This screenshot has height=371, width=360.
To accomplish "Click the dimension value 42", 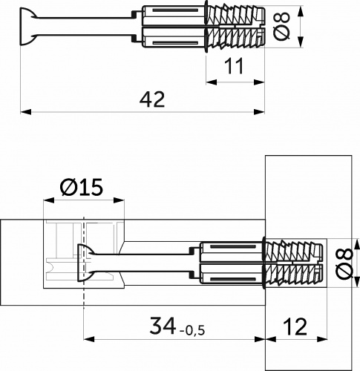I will pyautogui.click(x=151, y=99).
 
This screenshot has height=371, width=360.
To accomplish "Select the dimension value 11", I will pyautogui.click(x=235, y=67).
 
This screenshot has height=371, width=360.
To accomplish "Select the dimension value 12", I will pyautogui.click(x=295, y=325).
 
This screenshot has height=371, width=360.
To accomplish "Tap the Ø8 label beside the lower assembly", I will pyautogui.click(x=342, y=263).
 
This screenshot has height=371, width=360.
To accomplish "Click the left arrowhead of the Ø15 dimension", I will pyautogui.click(x=48, y=201).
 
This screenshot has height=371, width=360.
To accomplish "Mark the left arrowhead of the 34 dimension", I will pyautogui.click(x=87, y=340).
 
